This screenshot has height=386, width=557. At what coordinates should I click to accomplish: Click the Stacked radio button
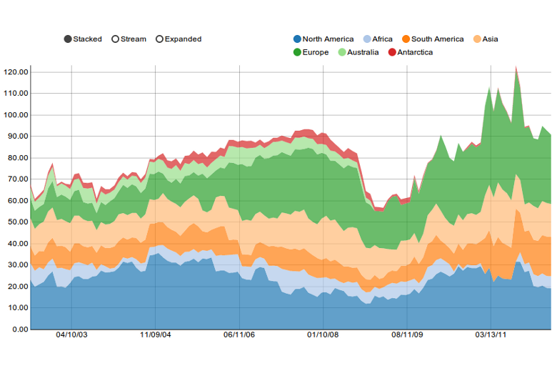click(x=68, y=39)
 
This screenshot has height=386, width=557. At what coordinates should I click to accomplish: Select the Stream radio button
click(x=116, y=39)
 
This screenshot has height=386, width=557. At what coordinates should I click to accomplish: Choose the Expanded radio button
click(x=160, y=39)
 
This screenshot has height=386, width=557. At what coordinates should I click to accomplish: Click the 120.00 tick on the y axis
click(x=16, y=72)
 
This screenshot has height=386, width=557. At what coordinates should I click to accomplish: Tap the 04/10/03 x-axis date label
click(x=71, y=335)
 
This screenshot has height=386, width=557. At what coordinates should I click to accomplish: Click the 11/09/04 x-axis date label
click(x=155, y=335)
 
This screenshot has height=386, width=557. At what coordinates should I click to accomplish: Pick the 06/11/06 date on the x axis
click(x=239, y=335)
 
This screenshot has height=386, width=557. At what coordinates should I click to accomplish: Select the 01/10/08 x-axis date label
click(x=323, y=335)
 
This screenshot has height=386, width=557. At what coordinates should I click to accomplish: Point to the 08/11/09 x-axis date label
click(x=406, y=335)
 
